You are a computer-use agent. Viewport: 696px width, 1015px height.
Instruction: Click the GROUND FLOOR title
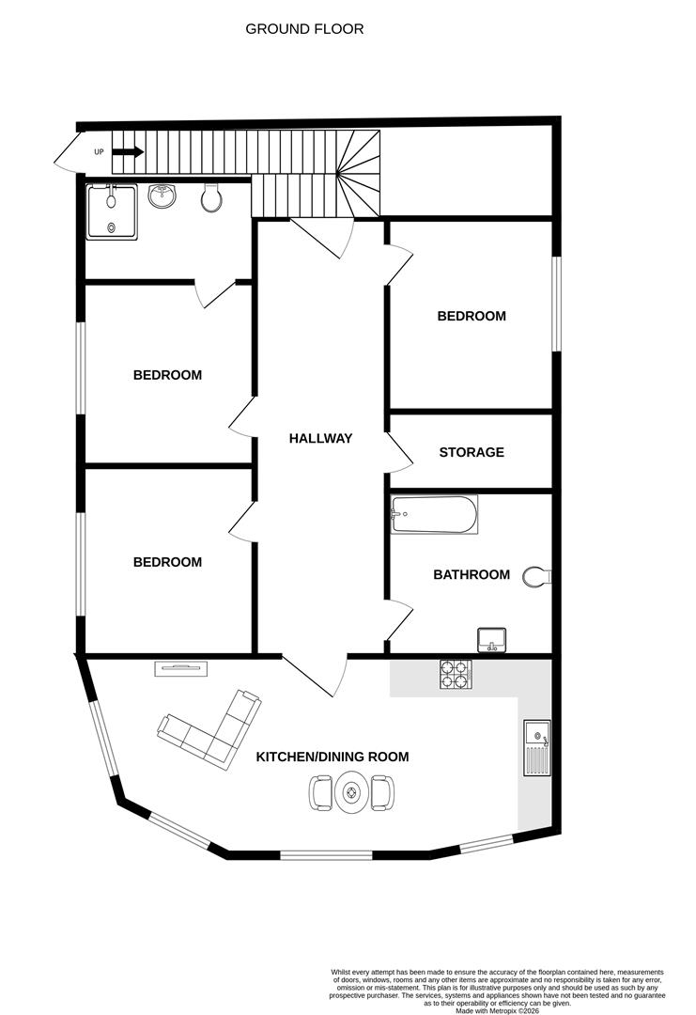(304, 29)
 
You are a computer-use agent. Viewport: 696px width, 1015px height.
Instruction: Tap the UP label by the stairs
(99, 152)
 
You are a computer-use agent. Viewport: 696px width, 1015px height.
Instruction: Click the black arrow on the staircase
(128, 152)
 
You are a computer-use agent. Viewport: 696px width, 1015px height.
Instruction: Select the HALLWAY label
(321, 438)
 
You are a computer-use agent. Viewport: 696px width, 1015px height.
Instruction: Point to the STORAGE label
(472, 452)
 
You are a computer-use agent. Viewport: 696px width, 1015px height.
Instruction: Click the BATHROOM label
(472, 575)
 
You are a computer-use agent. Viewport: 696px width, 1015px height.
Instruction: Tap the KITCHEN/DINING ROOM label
(333, 757)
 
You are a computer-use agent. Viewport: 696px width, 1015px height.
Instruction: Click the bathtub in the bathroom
(434, 515)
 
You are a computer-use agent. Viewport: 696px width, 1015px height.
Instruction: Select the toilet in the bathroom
(536, 577)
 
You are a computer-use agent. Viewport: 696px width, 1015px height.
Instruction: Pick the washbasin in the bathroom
(491, 640)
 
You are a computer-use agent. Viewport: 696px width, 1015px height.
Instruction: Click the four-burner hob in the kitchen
(456, 675)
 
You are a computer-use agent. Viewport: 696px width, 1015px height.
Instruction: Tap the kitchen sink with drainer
(537, 748)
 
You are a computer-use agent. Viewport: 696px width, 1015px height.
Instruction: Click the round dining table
(352, 792)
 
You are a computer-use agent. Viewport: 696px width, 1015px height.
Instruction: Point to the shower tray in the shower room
(112, 211)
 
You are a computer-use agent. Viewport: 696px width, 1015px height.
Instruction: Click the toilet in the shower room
(211, 198)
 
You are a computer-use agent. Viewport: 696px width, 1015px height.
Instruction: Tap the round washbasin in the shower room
(162, 196)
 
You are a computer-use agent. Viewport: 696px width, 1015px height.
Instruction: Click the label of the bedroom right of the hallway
(472, 317)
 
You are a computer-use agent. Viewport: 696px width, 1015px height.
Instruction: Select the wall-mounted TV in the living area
(181, 669)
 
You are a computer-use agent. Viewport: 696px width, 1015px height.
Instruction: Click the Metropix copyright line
(497, 1010)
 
